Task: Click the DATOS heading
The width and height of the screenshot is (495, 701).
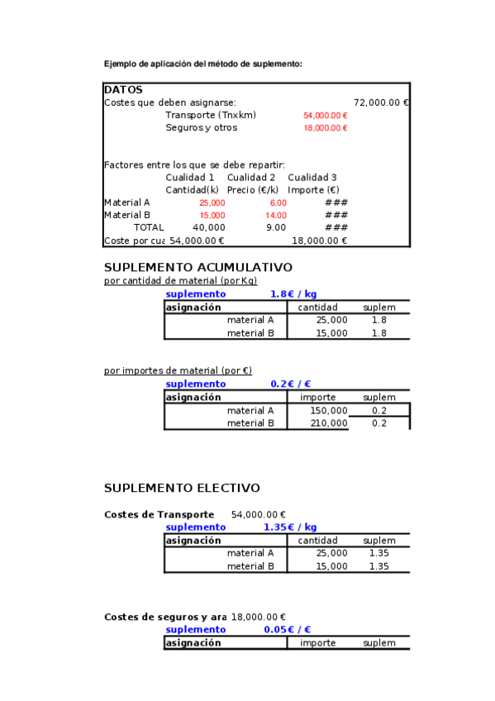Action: pos(123,89)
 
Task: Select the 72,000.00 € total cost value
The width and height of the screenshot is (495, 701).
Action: pos(381,103)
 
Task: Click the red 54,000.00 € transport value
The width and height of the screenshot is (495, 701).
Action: pos(325,116)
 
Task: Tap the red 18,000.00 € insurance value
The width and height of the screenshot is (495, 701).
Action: pos(325,128)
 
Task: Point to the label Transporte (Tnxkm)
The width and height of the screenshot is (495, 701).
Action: pos(210,115)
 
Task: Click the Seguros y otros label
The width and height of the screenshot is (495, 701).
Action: pos(201,127)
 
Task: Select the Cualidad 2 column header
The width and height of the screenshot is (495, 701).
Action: pos(251,178)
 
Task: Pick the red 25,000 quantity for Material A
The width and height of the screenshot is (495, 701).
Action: pos(212,203)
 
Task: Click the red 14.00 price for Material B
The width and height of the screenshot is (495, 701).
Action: pos(276,215)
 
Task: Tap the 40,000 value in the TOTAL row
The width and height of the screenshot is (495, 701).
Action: pos(208,227)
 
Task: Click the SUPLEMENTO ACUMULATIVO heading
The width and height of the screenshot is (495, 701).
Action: pos(198,268)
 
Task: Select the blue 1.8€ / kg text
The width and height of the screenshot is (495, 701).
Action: pos(293,294)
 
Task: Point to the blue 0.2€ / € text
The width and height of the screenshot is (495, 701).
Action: pos(290,384)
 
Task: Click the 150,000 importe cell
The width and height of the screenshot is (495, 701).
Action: pos(328,411)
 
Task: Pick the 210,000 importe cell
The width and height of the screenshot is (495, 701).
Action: pos(328,423)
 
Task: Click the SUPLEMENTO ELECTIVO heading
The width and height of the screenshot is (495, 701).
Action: pos(182,489)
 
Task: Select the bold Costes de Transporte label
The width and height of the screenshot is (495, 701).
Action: pos(159,514)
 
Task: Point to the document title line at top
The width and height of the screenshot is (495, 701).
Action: pos(202,64)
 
